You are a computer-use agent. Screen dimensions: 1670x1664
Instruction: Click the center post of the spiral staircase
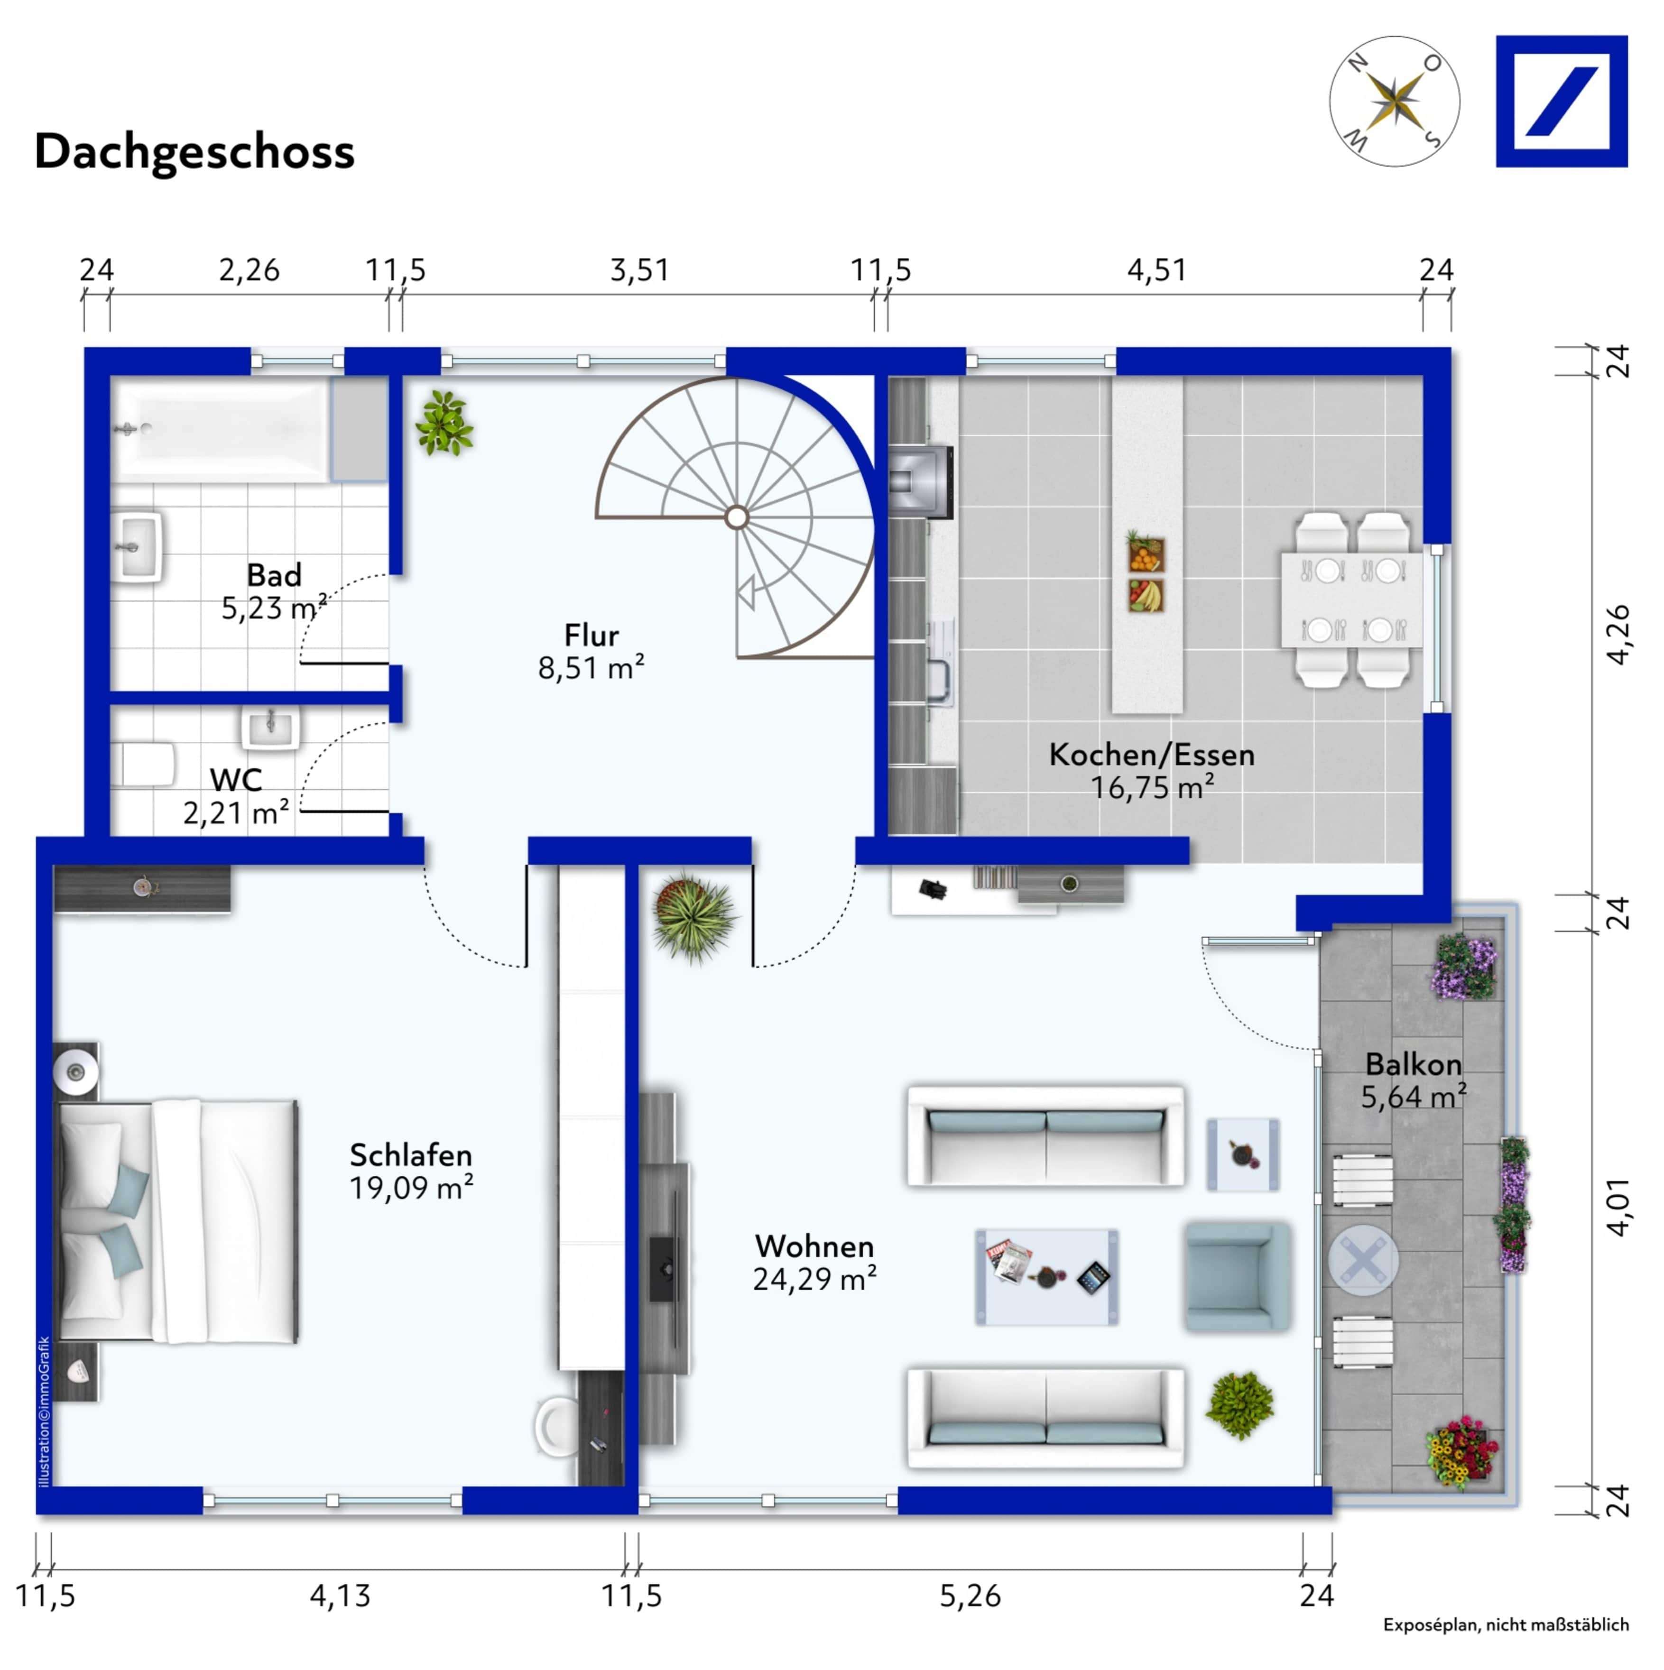pyautogui.click(x=737, y=518)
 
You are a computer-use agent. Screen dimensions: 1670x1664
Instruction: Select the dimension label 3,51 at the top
pyautogui.click(x=640, y=270)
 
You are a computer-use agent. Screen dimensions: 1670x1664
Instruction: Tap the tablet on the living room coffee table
pyautogui.click(x=1093, y=1278)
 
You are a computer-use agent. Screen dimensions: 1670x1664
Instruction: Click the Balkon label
pyautogui.click(x=1414, y=1065)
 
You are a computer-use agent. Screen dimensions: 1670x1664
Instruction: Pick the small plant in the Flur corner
pyautogui.click(x=444, y=423)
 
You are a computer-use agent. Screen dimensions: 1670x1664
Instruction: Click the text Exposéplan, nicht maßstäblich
pyautogui.click(x=1506, y=1625)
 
